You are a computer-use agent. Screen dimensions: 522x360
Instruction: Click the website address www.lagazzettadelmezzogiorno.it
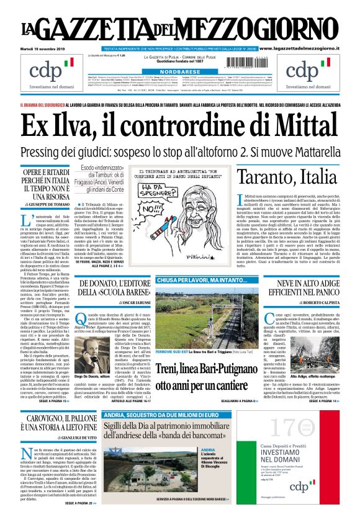pos(307,48)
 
